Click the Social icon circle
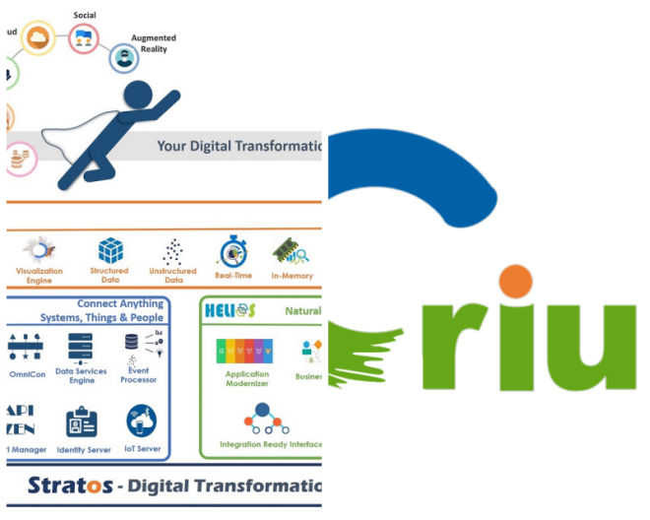(84, 38)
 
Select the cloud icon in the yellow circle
(38, 38)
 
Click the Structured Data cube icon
(110, 250)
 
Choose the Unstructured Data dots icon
(171, 250)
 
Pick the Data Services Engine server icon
(81, 346)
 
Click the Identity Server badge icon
(82, 422)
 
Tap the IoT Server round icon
(141, 422)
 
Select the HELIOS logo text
(229, 311)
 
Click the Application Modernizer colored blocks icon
(245, 350)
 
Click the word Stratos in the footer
(58, 487)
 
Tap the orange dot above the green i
(515, 282)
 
